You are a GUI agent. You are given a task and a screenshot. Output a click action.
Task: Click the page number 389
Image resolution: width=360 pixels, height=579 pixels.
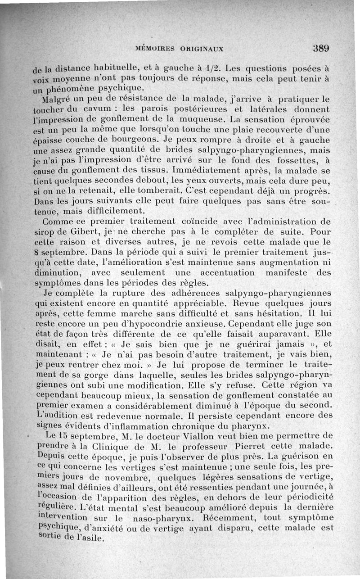click(x=321, y=48)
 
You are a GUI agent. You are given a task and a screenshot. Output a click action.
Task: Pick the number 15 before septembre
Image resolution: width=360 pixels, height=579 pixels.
click(x=64, y=436)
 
